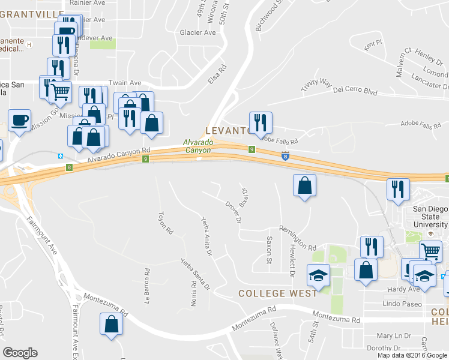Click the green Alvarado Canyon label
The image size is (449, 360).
197,146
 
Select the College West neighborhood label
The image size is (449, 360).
278,293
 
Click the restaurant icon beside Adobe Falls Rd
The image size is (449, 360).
261,122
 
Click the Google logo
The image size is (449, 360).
20,353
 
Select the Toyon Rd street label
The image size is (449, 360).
161,223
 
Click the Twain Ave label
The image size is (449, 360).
124,83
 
